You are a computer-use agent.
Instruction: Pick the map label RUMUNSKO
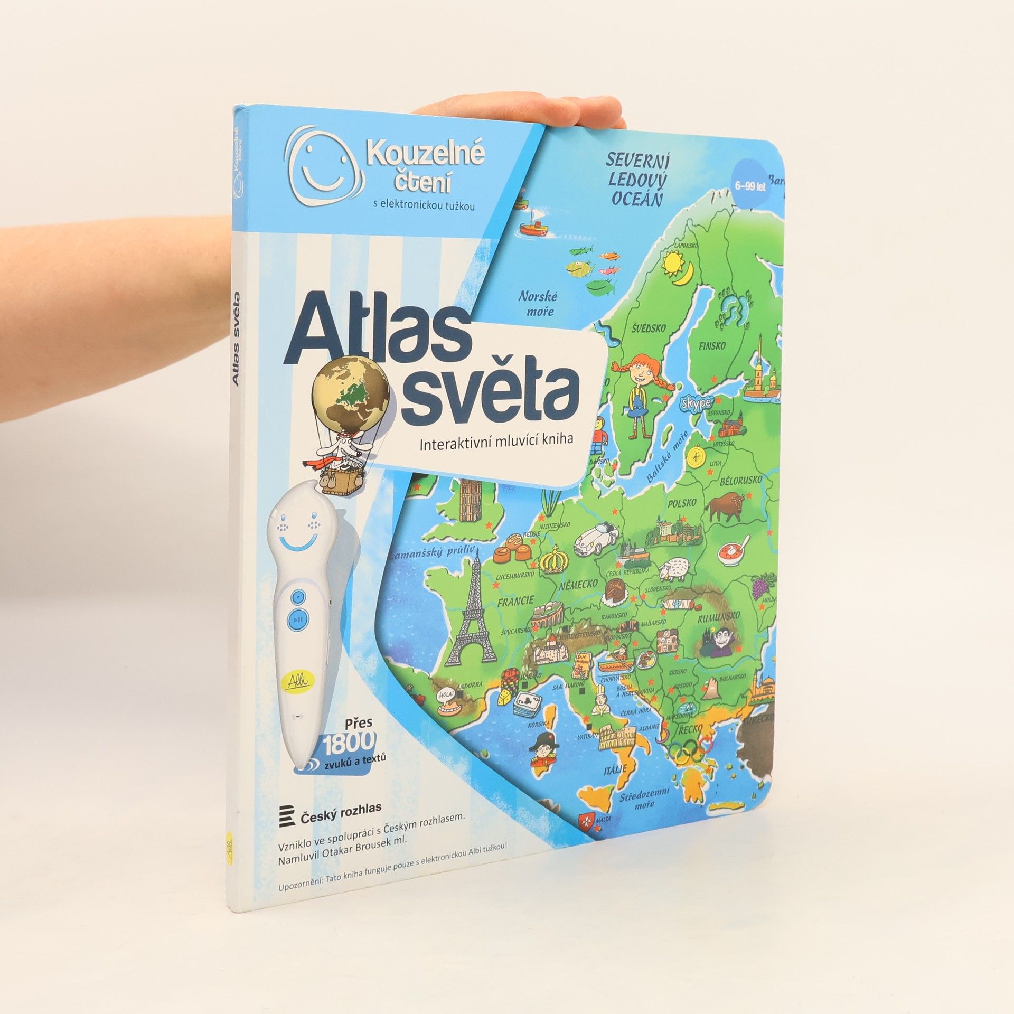719,617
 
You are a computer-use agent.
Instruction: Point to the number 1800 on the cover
349,744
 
